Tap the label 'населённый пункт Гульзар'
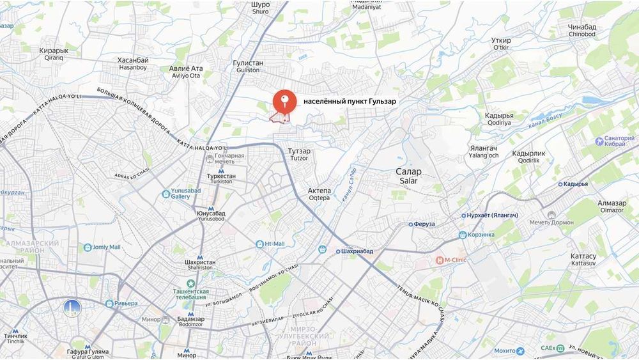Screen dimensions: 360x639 [350, 102]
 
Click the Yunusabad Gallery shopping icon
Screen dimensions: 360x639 [166, 193]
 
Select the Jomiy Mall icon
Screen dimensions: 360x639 [87, 247]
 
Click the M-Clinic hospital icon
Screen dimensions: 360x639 [440, 260]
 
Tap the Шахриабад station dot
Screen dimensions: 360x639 [338, 251]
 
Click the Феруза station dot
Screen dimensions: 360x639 [411, 224]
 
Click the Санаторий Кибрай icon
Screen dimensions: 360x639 [599, 140]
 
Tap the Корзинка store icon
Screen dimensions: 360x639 [463, 235]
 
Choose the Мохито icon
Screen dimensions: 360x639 [520, 351]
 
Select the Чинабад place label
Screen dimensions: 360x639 [582, 27]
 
